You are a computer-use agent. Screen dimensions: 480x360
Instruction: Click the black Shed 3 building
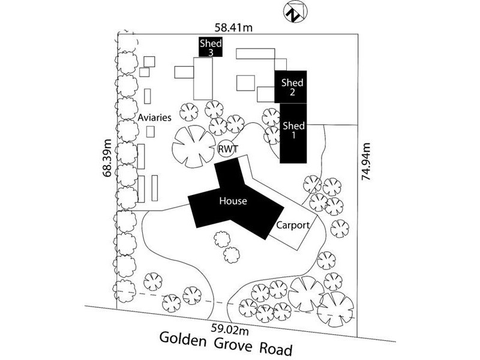click(211, 47)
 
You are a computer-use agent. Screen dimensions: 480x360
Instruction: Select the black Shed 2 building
click(292, 87)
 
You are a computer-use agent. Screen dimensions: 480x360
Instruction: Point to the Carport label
click(292, 226)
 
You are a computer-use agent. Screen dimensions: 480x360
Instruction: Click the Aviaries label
click(155, 118)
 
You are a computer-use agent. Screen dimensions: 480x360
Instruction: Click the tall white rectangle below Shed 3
click(204, 78)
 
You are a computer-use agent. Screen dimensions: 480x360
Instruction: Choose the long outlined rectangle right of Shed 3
click(256, 53)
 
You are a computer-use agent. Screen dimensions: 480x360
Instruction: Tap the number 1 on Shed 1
click(293, 136)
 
